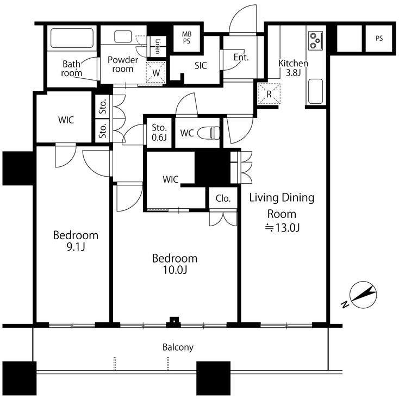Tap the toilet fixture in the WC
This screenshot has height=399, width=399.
pos(209,133)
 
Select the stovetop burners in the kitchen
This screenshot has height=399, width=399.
pos(315,39)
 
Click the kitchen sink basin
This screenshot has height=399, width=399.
pos(315,91)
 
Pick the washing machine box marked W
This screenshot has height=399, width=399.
pos(156,72)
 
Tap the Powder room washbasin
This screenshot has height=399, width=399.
pos(123,37)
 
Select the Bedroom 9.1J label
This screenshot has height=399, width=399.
pos(76,241)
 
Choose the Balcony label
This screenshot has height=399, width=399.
pos(178,347)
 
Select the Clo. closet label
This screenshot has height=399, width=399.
pos(223,198)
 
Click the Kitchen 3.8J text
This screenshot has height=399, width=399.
pos(293,68)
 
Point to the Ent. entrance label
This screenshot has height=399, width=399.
pos(240,58)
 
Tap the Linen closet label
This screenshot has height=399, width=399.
pos(158,46)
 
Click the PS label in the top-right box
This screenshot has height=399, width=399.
pos(378,39)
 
